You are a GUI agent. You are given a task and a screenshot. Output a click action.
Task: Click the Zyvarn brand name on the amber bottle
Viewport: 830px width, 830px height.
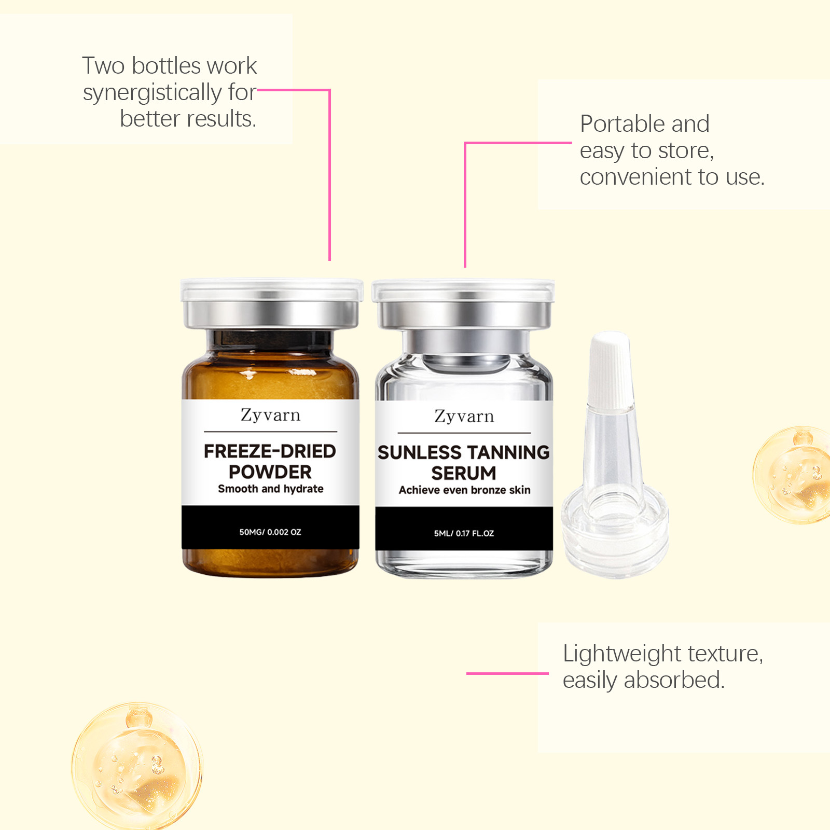tap(270, 416)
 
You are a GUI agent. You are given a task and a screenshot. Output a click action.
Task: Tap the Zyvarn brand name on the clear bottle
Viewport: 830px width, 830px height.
tap(464, 417)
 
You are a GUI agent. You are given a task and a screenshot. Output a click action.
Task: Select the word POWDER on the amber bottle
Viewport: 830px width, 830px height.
tap(270, 472)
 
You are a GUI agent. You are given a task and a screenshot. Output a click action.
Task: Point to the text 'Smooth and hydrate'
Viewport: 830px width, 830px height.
tap(271, 489)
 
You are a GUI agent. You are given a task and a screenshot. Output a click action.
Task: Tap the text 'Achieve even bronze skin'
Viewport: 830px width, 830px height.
tap(465, 490)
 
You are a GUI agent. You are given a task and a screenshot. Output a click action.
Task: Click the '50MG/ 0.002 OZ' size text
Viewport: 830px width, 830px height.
tap(270, 532)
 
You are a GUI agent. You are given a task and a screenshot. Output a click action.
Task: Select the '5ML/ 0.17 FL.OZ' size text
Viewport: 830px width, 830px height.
tap(464, 533)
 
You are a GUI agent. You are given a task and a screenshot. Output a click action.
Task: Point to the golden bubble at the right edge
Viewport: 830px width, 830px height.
tap(793, 475)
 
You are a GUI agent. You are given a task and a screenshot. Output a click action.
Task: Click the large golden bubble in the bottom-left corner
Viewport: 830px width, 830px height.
tap(137, 767)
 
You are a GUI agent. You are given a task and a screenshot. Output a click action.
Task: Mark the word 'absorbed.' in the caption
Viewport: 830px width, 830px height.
tap(674, 680)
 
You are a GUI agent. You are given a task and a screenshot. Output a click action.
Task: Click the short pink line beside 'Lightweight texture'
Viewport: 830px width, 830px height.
tap(507, 673)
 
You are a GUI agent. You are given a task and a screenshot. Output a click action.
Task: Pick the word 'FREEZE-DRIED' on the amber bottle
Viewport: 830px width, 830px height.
tap(270, 451)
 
